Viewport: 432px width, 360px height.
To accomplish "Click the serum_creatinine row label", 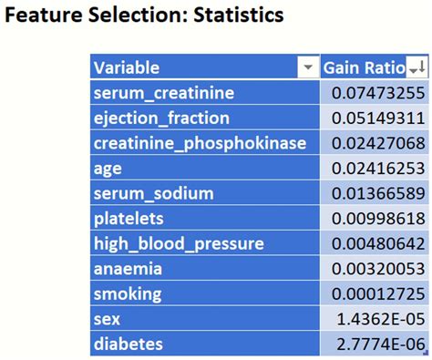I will coord(163,93).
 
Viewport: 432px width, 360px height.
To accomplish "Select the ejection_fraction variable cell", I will coord(161,118).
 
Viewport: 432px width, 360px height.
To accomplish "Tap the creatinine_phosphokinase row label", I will coord(204,143).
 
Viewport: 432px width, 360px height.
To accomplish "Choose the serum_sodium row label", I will coord(153,193).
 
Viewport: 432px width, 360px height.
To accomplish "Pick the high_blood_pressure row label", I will coord(179,243).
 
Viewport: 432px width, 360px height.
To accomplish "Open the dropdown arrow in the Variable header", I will coord(306,67).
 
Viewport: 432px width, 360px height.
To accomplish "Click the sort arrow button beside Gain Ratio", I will coord(417,67).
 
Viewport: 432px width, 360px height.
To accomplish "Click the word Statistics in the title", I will coord(231,16).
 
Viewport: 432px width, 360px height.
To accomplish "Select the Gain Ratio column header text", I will coord(364,67).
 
